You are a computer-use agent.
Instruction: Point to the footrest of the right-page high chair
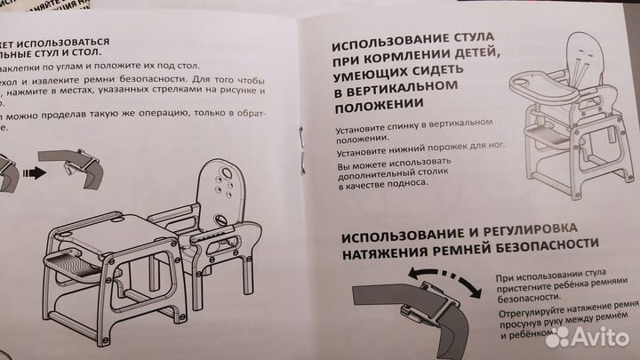(543, 136)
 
